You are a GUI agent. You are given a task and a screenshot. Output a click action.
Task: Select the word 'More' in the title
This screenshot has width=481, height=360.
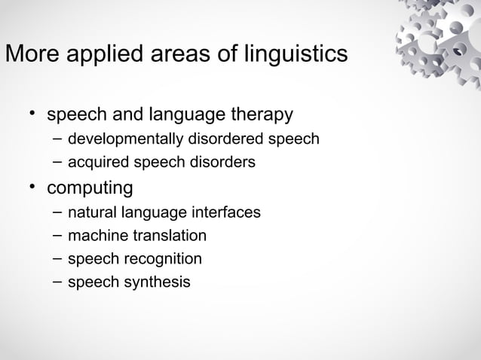[29, 55]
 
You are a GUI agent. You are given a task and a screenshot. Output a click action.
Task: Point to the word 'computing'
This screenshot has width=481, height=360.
[90, 187]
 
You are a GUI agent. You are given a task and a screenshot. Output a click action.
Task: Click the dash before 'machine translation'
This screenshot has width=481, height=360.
[58, 235]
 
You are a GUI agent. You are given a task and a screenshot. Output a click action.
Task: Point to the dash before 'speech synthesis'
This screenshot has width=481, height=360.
[58, 282]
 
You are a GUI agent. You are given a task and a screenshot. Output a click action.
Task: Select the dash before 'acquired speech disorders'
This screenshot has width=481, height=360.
[58, 161]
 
